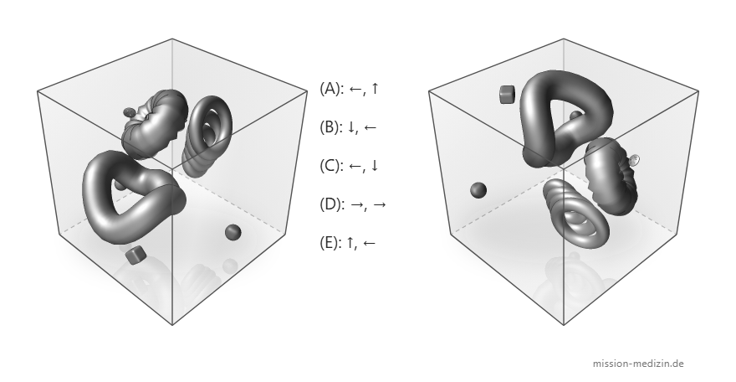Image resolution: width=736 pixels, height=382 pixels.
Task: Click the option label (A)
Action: [x=330, y=88]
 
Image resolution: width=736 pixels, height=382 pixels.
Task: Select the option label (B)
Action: [x=330, y=126]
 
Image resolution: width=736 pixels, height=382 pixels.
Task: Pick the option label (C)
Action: [x=330, y=165]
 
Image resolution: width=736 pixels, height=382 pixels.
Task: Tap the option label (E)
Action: [x=330, y=242]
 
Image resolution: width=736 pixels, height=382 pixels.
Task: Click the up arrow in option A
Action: [x=374, y=88]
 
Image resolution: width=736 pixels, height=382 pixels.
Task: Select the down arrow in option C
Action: [x=374, y=165]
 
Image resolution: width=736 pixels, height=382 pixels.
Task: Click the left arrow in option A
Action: [x=355, y=89]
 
